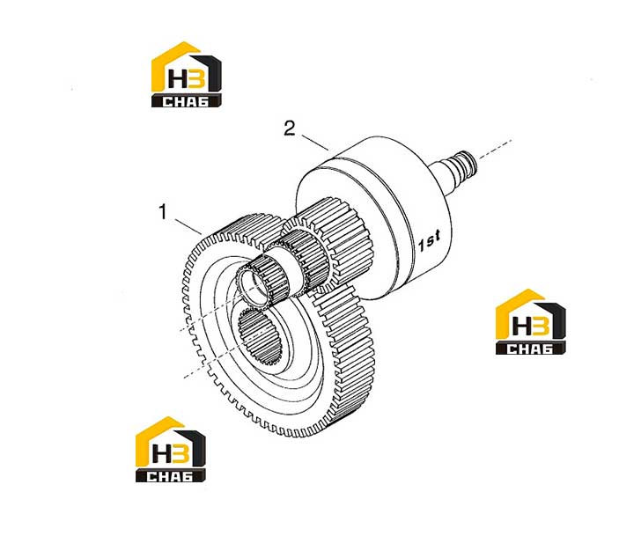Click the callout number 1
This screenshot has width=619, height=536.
pos(163,211)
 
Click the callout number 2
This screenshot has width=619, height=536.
pos(290,128)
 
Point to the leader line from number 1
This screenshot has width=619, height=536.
pos(188,227)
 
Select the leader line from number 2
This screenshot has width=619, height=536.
pos(315,143)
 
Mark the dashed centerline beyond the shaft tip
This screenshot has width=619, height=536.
pos(496,149)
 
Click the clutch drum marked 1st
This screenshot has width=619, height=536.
pos(376,217)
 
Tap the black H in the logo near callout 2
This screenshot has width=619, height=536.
pos(176,77)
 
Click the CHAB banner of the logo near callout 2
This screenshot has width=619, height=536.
pos(186,100)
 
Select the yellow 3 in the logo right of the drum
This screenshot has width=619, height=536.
pos(540,326)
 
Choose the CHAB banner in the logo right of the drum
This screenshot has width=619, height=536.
pos(530,349)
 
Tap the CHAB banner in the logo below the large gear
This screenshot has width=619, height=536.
pos(170,476)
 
